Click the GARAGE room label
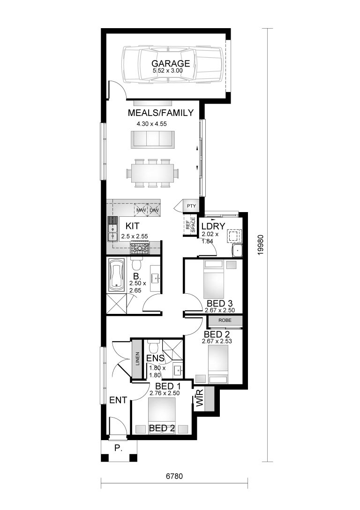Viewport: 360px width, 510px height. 171,64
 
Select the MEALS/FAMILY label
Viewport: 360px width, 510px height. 161,113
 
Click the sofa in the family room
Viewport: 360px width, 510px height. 152,139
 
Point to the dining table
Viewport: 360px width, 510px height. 152,173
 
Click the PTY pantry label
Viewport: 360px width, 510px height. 191,206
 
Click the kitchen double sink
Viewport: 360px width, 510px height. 112,230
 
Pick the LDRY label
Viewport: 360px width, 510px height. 213,226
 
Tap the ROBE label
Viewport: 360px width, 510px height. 225,320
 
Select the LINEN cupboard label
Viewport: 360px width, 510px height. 137,359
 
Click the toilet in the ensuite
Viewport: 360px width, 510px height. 152,348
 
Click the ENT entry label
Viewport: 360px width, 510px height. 118,400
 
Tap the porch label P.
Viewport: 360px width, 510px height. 118,448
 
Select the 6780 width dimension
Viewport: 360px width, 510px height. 173,476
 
